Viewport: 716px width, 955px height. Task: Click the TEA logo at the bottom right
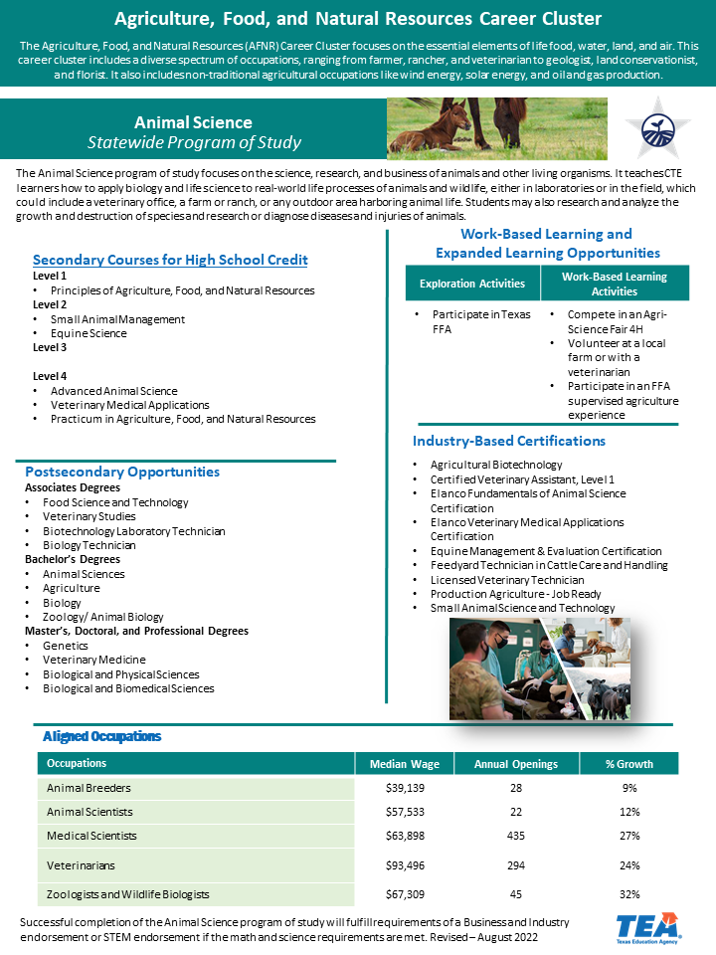click(x=647, y=928)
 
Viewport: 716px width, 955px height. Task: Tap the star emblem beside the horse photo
click(x=657, y=128)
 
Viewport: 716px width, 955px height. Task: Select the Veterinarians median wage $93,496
click(x=405, y=865)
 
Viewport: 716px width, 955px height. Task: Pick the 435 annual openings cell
click(x=516, y=836)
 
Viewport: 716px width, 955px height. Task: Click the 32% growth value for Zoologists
click(x=629, y=894)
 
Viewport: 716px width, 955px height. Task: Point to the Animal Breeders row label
click(x=89, y=788)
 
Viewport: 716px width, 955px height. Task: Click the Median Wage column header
click(x=405, y=764)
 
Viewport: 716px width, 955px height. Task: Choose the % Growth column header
click(x=628, y=764)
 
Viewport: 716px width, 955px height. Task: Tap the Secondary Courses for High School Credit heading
click(x=170, y=260)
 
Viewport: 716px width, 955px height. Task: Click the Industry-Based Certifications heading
click(x=509, y=441)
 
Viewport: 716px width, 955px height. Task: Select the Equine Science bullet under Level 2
click(x=89, y=333)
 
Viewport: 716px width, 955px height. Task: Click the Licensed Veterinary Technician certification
click(x=507, y=580)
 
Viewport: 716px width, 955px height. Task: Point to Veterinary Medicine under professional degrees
click(x=94, y=660)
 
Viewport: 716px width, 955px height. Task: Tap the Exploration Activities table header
click(x=472, y=284)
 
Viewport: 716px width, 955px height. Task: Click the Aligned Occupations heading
click(x=101, y=736)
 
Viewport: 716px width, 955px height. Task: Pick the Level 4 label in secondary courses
click(x=50, y=376)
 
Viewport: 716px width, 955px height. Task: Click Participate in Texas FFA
click(x=481, y=321)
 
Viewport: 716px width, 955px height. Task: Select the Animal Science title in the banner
click(x=193, y=122)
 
